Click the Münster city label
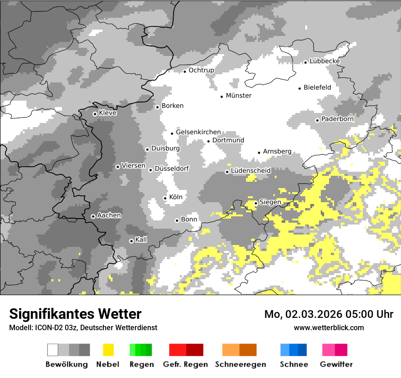pos(238,96)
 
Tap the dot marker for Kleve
pos(95,114)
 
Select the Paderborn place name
pos(337,119)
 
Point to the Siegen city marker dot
pos(256,203)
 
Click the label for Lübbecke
pos(324,61)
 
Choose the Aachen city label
pos(109,215)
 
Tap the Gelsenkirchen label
pos(198,132)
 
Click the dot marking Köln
pos(165,198)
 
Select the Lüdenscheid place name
pos(251,170)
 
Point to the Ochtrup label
pos(201,70)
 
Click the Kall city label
pos(141,240)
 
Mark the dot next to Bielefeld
pos(300,88)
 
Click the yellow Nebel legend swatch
pos(108,350)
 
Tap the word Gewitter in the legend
pos(336,364)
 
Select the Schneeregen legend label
pos(240,364)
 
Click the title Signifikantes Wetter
pos(75,314)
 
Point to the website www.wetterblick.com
pos(329,327)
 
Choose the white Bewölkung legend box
pos(52,350)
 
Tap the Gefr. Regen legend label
pos(185,364)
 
